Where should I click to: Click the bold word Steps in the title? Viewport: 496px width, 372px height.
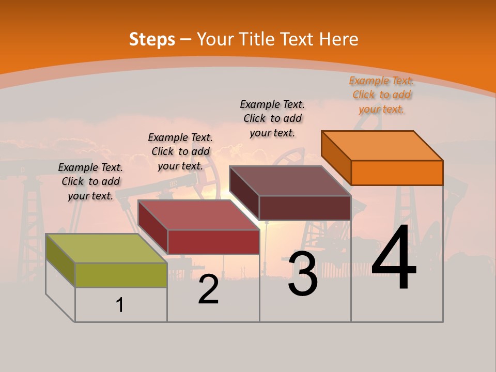pyautogui.click(x=152, y=39)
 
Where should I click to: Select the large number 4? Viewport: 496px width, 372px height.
pyautogui.click(x=394, y=259)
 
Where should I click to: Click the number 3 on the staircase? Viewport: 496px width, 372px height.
pyautogui.click(x=303, y=274)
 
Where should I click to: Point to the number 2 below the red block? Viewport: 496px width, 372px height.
pyautogui.click(x=209, y=290)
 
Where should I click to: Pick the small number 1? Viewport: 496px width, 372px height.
pyautogui.click(x=120, y=305)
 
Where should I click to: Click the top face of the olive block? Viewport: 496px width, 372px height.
pyautogui.click(x=106, y=248)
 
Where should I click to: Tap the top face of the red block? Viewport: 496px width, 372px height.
pyautogui.click(x=198, y=214)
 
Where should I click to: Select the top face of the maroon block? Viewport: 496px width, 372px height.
pyautogui.click(x=290, y=181)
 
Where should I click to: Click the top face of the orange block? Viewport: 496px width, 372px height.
pyautogui.click(x=382, y=146)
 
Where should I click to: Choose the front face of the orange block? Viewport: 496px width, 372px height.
pyautogui.click(x=397, y=173)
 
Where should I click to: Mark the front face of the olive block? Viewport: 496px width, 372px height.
pyautogui.click(x=121, y=274)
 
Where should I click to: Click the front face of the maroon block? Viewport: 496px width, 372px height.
pyautogui.click(x=305, y=208)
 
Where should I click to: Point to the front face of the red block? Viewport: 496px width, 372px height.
pyautogui.click(x=213, y=242)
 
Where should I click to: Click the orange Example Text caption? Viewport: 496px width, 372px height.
pyautogui.click(x=381, y=95)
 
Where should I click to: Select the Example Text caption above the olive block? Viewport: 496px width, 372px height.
pyautogui.click(x=90, y=181)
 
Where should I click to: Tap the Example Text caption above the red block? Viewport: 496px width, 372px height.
pyautogui.click(x=180, y=151)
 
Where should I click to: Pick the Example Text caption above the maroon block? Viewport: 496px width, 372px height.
pyautogui.click(x=272, y=118)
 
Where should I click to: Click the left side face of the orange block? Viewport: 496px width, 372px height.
pyautogui.click(x=336, y=157)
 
